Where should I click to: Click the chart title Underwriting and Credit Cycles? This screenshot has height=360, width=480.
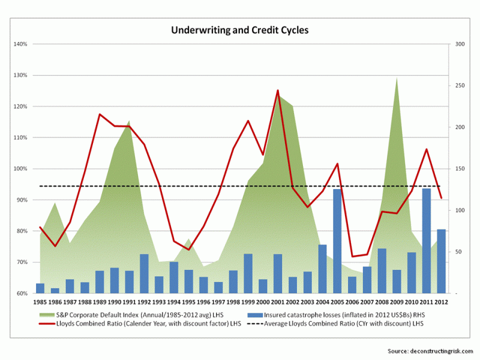[x=240, y=29]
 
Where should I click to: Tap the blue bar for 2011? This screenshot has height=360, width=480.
[x=426, y=241]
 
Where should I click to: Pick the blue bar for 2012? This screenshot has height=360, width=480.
[x=441, y=261]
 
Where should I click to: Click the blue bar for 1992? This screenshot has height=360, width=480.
[x=144, y=274]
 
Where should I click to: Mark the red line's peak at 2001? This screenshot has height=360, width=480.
[x=278, y=91]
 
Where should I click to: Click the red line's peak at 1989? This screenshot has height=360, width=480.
[x=100, y=114]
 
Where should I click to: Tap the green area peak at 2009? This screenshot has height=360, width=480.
[x=397, y=79]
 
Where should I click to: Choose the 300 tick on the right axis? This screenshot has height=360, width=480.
[x=461, y=44]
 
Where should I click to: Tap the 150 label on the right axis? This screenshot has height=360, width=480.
[x=461, y=169]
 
